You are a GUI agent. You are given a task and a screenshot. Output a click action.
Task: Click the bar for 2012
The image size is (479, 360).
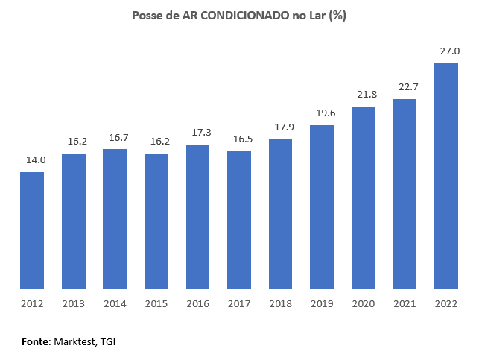(x=32, y=230)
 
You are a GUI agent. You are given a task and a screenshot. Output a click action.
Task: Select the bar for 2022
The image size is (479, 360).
(x=446, y=175)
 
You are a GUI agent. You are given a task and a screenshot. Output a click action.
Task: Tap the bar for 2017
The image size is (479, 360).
(x=239, y=220)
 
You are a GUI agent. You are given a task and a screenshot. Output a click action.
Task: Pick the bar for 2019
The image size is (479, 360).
(x=322, y=206)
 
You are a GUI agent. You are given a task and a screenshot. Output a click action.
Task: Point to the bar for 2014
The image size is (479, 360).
(x=115, y=218)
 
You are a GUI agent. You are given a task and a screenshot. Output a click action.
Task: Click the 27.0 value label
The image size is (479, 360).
(x=446, y=51)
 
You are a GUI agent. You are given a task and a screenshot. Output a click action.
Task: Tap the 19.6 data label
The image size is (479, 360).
(x=322, y=113)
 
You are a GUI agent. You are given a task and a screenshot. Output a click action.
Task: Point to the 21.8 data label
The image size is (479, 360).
(x=364, y=95)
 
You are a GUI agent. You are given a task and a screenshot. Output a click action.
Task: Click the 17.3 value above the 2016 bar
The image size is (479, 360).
(x=198, y=133)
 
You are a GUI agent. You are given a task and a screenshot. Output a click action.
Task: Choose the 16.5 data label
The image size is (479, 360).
(x=239, y=139)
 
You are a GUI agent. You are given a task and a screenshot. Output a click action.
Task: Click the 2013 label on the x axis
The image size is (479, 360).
(x=74, y=303)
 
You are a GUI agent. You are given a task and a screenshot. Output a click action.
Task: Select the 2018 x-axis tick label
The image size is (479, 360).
(x=280, y=303)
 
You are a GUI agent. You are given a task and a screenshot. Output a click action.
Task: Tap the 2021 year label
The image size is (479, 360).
(x=405, y=303)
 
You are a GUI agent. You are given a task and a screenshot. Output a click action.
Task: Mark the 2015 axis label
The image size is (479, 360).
(x=156, y=303)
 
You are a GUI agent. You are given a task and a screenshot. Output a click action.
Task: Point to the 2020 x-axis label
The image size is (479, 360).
(x=364, y=303)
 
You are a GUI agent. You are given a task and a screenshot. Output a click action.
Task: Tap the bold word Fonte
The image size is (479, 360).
(x=35, y=341)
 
